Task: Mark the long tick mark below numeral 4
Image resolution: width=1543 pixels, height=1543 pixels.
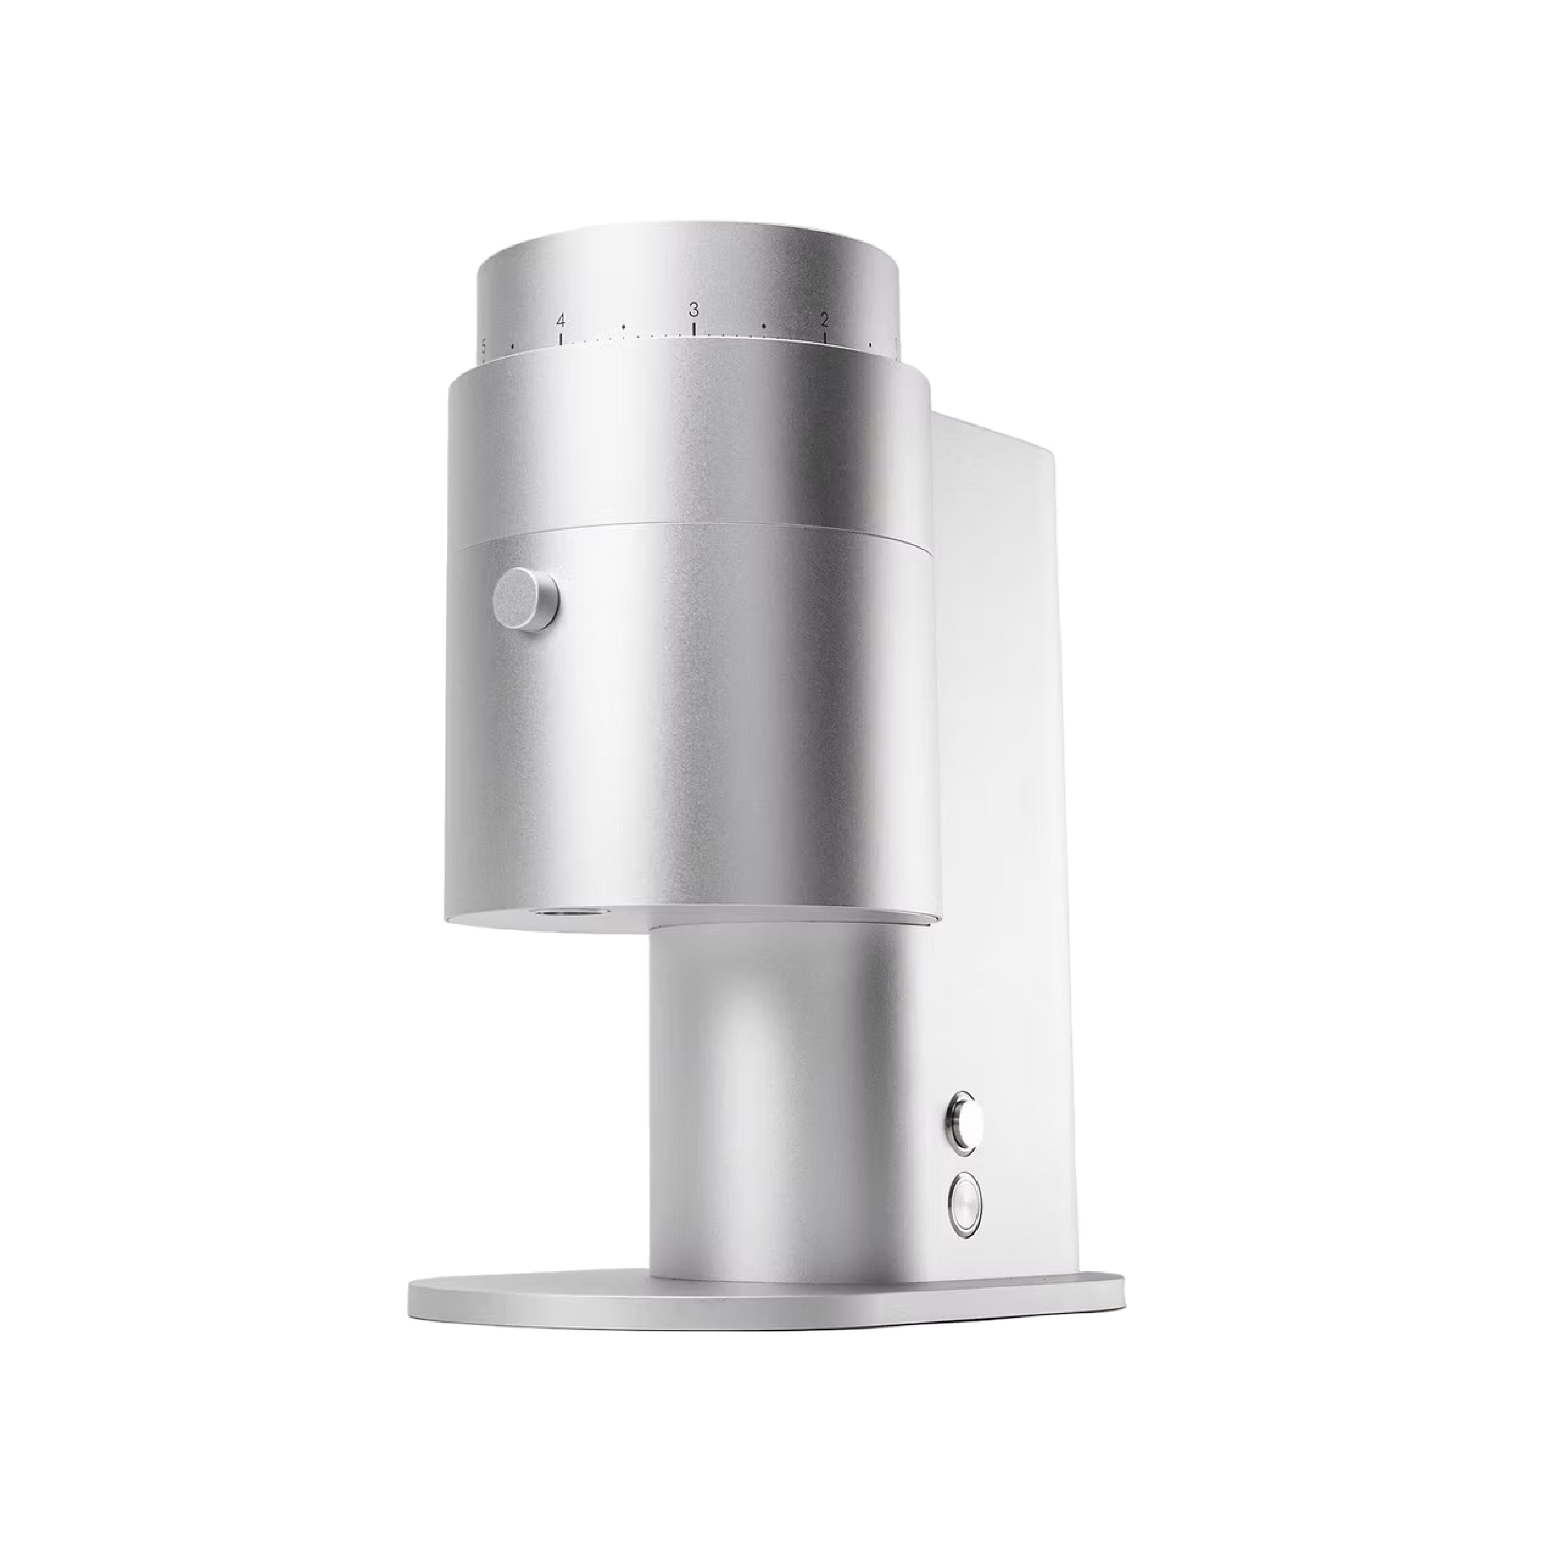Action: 561,338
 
